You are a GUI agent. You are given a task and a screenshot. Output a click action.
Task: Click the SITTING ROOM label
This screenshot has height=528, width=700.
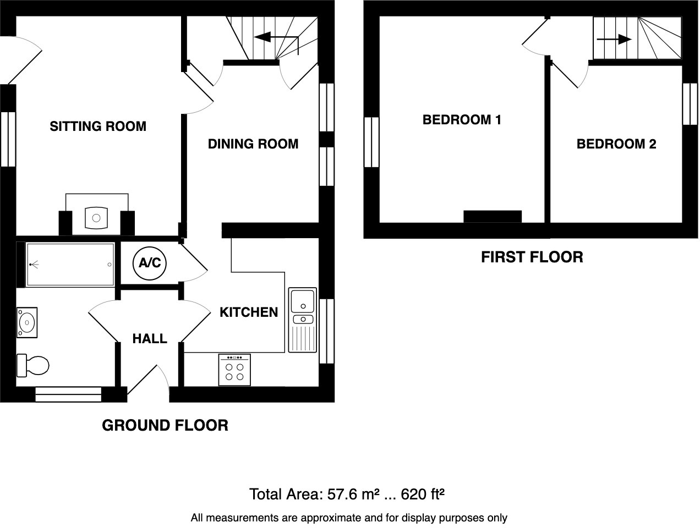coord(98,127)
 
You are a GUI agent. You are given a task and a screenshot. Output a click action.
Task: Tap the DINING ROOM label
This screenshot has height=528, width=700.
coord(253,144)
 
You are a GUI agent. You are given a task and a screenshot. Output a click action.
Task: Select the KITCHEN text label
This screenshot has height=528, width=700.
coord(249,312)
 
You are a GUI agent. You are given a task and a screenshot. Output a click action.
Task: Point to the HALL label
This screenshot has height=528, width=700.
coord(150,339)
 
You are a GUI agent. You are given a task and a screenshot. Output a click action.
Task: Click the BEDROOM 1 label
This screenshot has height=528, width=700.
coord(462,120)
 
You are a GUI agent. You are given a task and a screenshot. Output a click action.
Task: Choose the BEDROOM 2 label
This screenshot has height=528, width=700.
coord(616,144)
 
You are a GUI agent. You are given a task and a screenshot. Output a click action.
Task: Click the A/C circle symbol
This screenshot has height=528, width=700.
coord(150,263)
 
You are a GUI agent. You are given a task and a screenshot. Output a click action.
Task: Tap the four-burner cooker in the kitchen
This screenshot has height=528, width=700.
coord(235,370)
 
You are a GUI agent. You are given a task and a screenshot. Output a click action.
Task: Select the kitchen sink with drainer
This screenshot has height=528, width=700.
coord(303,320)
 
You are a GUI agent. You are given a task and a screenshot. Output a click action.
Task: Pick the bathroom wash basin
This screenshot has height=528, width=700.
coord(26,322)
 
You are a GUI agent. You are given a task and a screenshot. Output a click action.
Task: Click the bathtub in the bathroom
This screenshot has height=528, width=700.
coord(70,265)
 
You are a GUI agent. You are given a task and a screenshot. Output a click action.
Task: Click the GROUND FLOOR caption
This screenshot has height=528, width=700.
coord(165,425)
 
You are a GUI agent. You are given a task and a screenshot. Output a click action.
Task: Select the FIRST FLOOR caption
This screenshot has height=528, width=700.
coord(532,257)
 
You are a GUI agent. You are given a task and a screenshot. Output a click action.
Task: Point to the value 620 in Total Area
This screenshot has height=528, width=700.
coord(413,494)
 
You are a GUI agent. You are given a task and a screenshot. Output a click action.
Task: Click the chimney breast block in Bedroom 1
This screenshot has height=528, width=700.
coord(493,217)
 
